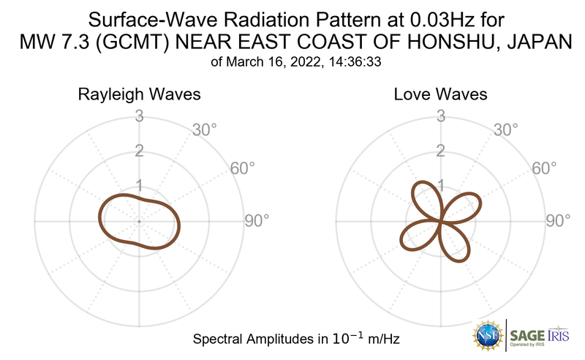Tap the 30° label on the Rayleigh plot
(204, 131)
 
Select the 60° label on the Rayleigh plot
(243, 168)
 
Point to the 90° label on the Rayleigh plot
(257, 220)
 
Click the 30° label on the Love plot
(506, 131)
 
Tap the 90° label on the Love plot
(559, 220)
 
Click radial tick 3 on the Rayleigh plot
(139, 116)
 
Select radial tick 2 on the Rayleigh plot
(139, 151)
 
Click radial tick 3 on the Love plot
(441, 116)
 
